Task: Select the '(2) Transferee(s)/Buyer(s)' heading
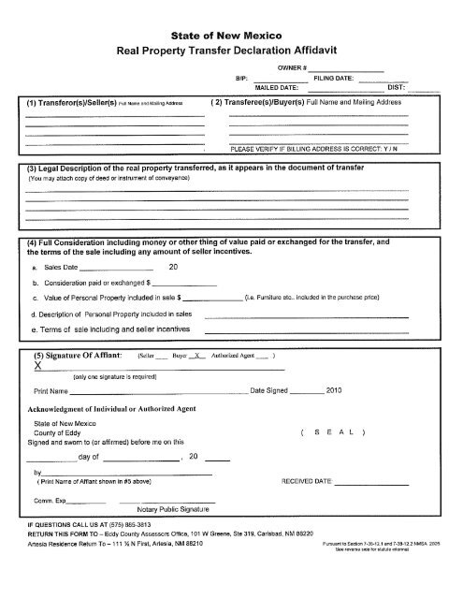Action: (264, 102)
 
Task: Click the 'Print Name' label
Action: (51, 389)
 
